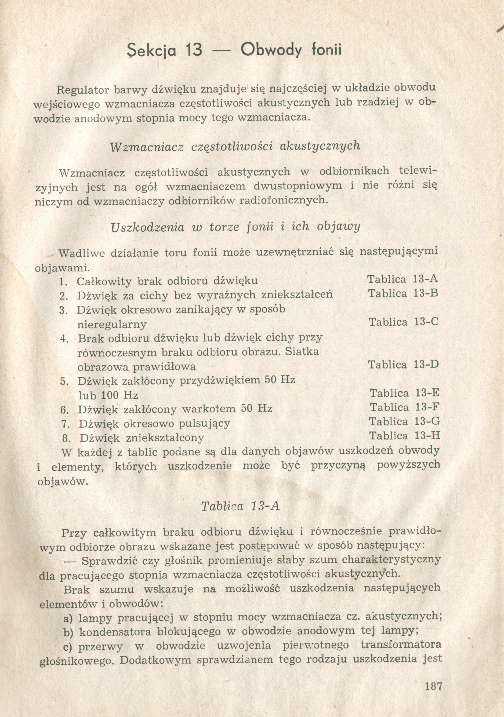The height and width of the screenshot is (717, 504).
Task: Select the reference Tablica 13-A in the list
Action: [403, 279]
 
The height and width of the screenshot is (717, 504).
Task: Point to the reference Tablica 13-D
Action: [403, 365]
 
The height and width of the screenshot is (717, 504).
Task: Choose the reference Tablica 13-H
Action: [404, 435]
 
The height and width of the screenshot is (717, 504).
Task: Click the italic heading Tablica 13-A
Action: [240, 506]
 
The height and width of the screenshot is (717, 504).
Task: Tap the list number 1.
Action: [63, 282]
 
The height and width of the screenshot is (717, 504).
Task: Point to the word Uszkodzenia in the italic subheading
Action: [147, 227]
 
